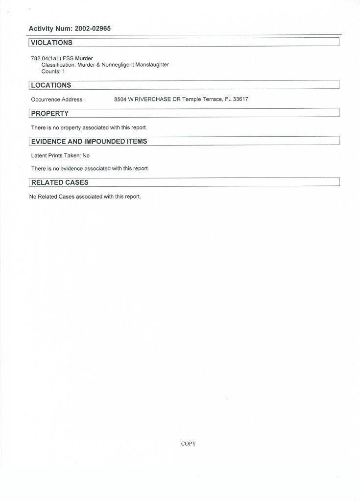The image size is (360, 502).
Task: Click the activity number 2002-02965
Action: [93, 28]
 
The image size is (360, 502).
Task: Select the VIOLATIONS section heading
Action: [51, 43]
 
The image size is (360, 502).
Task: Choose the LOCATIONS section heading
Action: [51, 85]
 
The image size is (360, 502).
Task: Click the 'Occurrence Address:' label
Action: [57, 99]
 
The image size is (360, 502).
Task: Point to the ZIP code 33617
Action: [240, 99]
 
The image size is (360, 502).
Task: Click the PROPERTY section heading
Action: [49, 113]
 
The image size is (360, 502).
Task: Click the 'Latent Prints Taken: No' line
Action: [60, 155]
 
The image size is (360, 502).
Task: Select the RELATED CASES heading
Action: [60, 182]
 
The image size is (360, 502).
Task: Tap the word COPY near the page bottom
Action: [189, 444]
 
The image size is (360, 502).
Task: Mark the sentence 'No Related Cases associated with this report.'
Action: [85, 197]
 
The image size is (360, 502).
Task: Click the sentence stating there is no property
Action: [89, 127]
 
